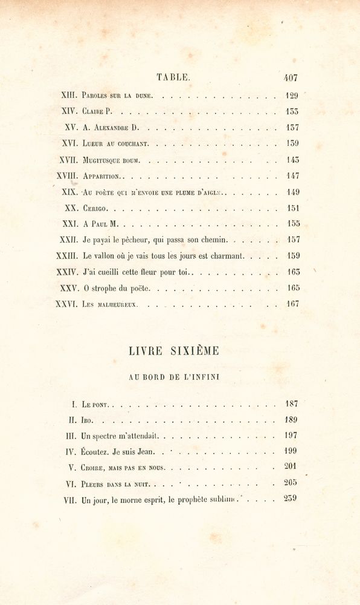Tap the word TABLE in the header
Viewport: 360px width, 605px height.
(x=173, y=77)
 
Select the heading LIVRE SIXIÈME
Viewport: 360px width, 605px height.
(x=174, y=351)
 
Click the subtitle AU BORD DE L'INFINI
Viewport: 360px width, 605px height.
(x=174, y=377)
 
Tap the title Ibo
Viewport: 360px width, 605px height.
(x=88, y=420)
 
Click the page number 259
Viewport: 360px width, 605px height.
(x=290, y=499)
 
